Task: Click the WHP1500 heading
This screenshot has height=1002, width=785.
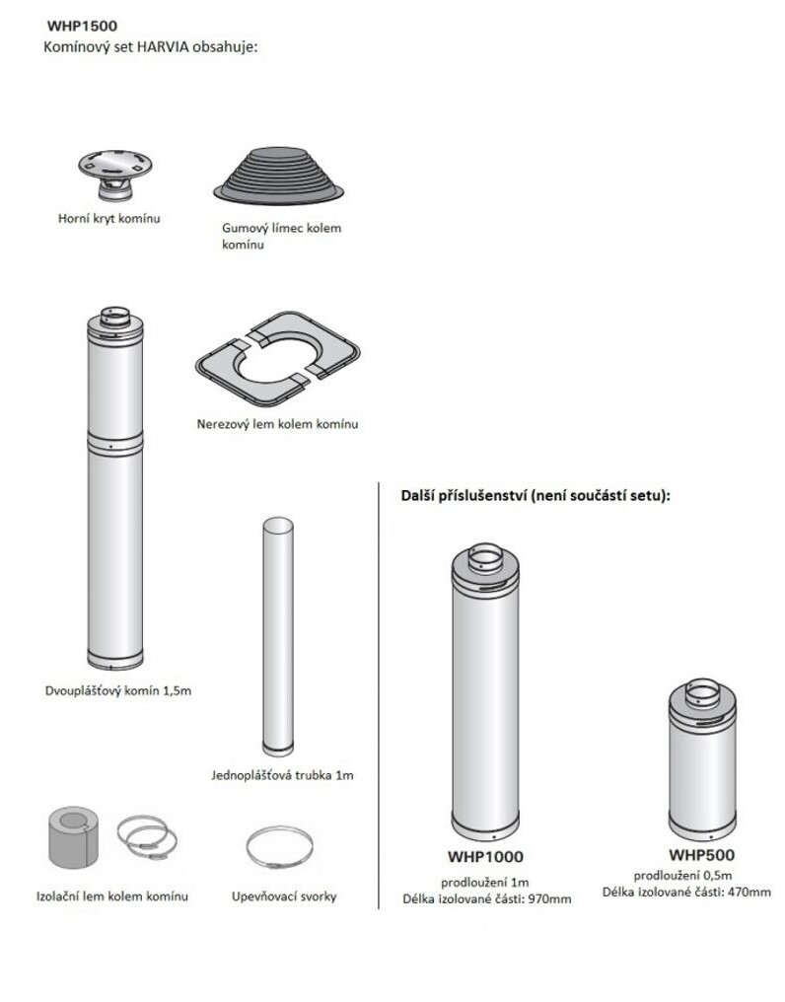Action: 82,27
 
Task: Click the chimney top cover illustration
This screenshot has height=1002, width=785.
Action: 115,175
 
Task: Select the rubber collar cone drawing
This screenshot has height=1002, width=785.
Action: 279,176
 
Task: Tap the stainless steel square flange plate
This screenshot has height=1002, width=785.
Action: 277,359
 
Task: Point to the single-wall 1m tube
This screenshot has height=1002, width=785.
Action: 278,636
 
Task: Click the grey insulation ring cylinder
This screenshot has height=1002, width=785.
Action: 74,836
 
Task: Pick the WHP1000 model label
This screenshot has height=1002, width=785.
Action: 485,856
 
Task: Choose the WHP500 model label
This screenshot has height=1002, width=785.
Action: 701,854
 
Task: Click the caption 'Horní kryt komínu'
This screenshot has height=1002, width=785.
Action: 109,219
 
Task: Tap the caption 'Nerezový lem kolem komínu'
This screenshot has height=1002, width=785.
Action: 277,424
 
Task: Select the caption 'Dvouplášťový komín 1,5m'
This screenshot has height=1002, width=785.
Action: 118,690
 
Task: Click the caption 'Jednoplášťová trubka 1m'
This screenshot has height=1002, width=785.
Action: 282,775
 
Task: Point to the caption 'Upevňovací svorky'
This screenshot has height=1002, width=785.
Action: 284,896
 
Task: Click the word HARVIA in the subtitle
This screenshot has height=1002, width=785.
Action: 163,47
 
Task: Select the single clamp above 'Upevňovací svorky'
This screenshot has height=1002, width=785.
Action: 279,848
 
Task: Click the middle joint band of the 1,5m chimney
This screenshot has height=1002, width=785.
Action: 115,444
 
